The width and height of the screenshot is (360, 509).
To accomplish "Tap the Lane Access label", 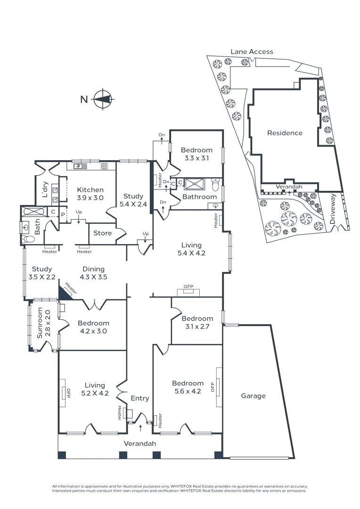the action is pyautogui.click(x=252, y=51).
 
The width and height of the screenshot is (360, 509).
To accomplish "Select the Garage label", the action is pyautogui.click(x=253, y=396).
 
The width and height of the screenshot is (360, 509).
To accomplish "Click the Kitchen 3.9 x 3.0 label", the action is pyautogui.click(x=90, y=194).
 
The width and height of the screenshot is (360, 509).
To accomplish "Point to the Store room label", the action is pyautogui.click(x=102, y=233).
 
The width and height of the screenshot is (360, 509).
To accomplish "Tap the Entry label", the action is pyautogui.click(x=139, y=398).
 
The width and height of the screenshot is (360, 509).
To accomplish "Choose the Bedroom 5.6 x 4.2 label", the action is pyautogui.click(x=188, y=387).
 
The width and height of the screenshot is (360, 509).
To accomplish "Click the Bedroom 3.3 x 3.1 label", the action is pyautogui.click(x=196, y=154).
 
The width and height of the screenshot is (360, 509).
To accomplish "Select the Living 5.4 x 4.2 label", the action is pyautogui.click(x=191, y=249).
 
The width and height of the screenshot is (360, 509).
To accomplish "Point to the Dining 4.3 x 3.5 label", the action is pyautogui.click(x=93, y=273).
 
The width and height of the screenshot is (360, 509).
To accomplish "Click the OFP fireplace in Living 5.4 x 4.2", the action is pyautogui.click(x=188, y=289).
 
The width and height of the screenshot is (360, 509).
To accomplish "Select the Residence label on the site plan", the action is pyautogui.click(x=285, y=133).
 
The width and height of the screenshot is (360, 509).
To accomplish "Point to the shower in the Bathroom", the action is pyautogui.click(x=194, y=183).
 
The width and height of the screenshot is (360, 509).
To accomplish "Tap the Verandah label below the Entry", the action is pyautogui.click(x=139, y=443).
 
